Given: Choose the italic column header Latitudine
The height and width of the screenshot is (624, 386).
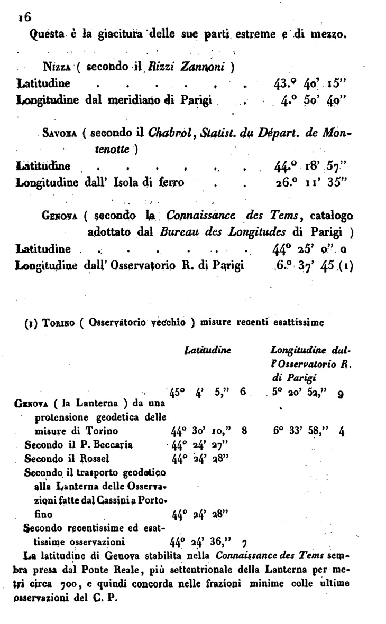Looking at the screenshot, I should [201, 350].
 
